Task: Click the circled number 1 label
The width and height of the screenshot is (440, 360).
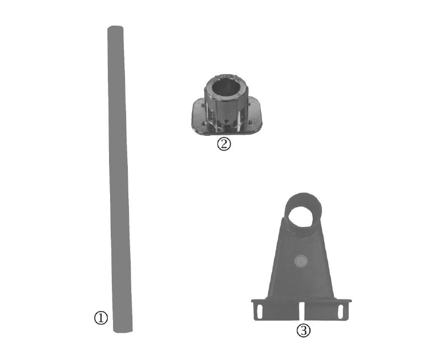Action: point(101,318)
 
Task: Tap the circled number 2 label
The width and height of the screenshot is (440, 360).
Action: point(224,144)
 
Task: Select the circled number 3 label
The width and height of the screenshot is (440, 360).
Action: point(304,330)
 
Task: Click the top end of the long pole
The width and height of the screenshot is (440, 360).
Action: point(115,27)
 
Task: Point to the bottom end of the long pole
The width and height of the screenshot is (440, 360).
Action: point(123,331)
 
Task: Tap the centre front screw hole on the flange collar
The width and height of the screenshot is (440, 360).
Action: point(226,122)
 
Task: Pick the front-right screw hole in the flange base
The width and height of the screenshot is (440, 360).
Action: point(249,122)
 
